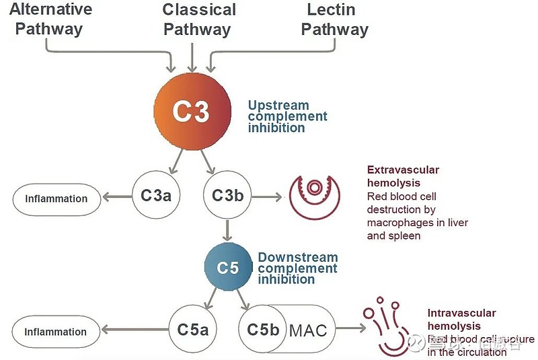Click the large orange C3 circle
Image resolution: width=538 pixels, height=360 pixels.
pyautogui.click(x=192, y=111)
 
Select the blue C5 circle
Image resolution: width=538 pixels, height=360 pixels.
pyautogui.click(x=228, y=267)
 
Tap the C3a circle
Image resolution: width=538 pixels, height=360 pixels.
pyautogui.click(x=155, y=196)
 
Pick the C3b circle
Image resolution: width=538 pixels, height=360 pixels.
pyautogui.click(x=227, y=196)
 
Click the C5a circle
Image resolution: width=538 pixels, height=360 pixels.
pyautogui.click(x=193, y=330)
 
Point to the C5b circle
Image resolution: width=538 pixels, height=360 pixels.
pyautogui.click(x=262, y=330)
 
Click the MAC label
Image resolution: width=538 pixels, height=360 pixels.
pyautogui.click(x=308, y=330)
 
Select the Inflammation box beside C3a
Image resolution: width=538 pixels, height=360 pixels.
pyautogui.click(x=56, y=199)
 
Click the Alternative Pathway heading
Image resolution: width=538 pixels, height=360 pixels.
pyautogui.click(x=49, y=19)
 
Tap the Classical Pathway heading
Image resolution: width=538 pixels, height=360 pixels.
pyautogui.click(x=199, y=19)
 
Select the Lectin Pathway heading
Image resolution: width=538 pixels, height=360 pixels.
pyautogui.click(x=334, y=19)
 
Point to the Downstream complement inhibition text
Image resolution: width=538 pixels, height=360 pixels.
pyautogui.click(x=297, y=268)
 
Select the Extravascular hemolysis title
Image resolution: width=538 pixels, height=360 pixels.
pyautogui.click(x=402, y=176)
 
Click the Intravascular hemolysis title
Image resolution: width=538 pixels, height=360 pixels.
pyautogui.click(x=461, y=320)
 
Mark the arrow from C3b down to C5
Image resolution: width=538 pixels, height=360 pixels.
pyautogui.click(x=228, y=230)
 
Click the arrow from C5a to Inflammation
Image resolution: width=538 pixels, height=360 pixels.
pyautogui.click(x=134, y=330)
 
